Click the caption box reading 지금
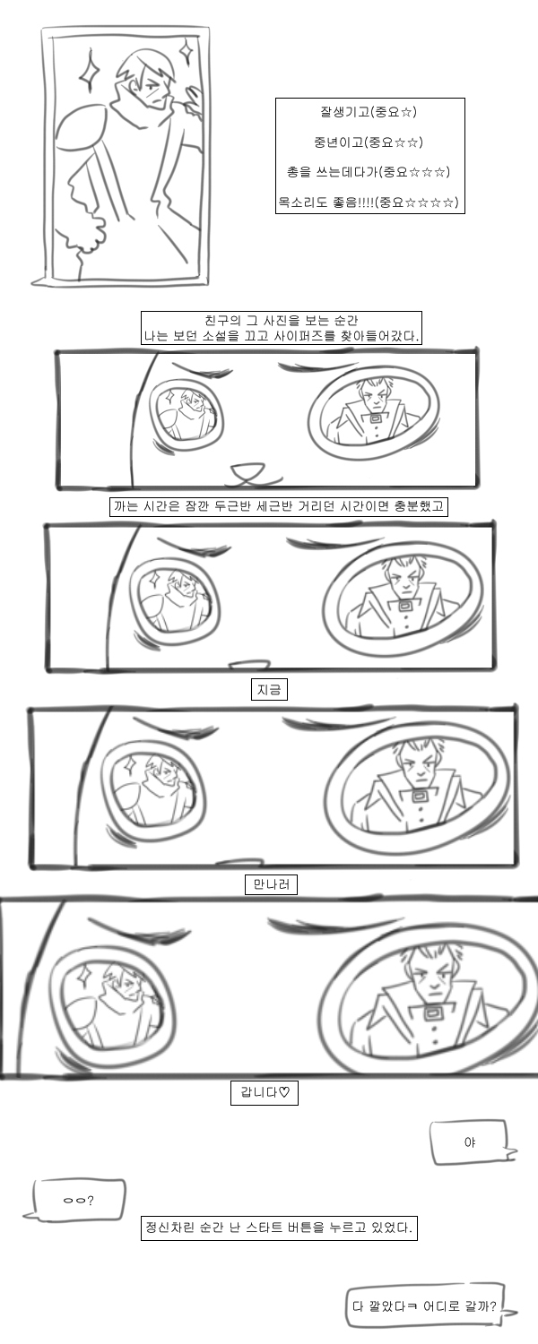[x=269, y=689]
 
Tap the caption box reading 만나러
[x=271, y=883]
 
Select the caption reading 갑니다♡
[x=265, y=1092]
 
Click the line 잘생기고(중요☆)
[x=368, y=112]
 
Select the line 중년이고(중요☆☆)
[x=368, y=142]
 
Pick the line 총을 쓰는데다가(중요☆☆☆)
[x=368, y=172]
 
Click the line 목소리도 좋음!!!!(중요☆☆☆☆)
[x=368, y=202]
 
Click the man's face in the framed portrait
[x=155, y=89]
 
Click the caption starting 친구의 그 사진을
[x=281, y=328]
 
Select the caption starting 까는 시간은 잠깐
[x=278, y=506]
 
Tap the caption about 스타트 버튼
[x=279, y=1227]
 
